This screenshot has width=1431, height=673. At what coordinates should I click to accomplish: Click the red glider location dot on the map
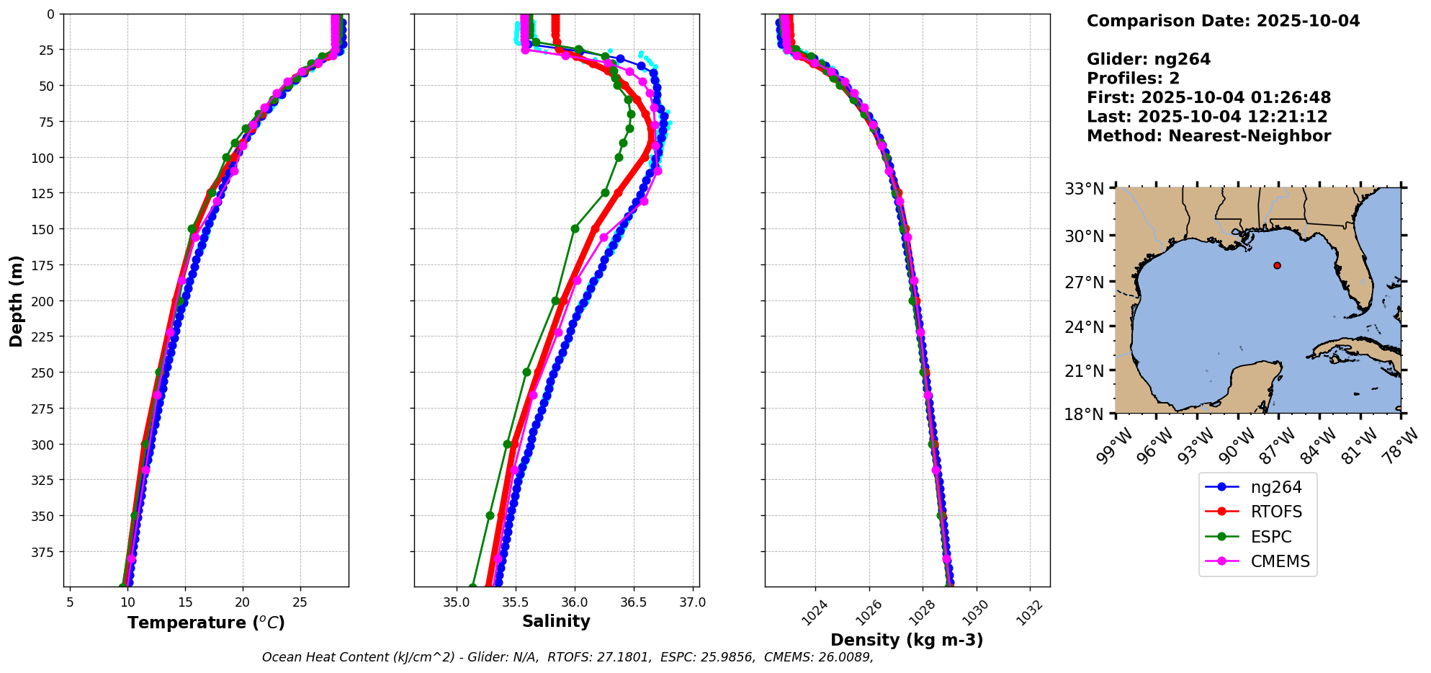pos(1277,265)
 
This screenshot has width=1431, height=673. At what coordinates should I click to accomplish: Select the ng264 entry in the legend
pos(1275,487)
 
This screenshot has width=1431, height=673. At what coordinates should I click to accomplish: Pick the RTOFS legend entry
pos(1275,512)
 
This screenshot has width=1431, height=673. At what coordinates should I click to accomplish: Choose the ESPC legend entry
pos(1270,537)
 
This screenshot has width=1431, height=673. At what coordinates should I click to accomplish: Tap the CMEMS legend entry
pos(1280,562)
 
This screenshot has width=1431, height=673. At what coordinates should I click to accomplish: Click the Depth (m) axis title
pos(16,300)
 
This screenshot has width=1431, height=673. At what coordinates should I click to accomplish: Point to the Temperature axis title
pos(206,623)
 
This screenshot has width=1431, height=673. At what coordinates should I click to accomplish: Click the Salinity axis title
pos(556,622)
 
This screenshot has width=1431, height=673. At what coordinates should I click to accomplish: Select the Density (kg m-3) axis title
pos(907,640)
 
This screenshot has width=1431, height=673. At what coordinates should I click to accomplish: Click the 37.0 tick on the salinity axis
pos(692,602)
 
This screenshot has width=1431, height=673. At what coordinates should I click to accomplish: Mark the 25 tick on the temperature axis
pos(300,602)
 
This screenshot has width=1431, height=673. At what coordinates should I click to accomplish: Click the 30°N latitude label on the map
pos(1084,236)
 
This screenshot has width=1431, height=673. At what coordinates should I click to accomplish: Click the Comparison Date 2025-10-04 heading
pos(1223,21)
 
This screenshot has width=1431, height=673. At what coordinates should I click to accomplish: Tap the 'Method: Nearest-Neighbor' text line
pos(1208,136)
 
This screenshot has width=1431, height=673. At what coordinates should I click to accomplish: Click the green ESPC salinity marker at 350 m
pos(490,515)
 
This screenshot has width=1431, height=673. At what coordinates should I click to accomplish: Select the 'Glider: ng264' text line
pos(1149,59)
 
